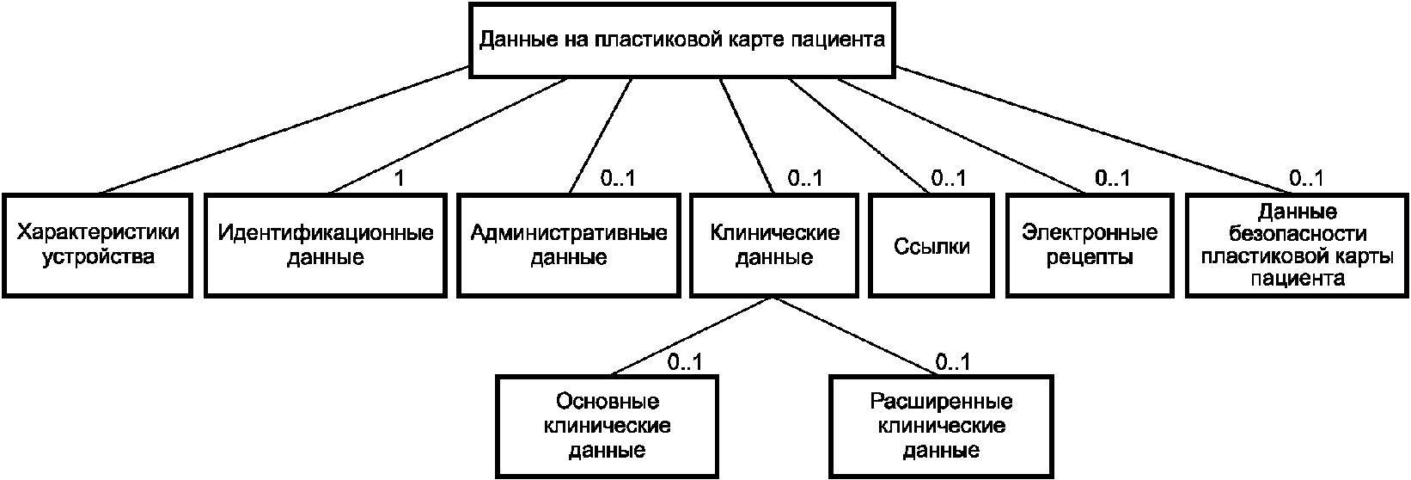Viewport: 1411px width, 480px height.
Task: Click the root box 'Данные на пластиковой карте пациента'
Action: tap(681, 40)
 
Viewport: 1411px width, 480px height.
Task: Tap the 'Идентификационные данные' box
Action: tap(326, 245)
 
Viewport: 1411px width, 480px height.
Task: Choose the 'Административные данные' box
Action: tap(568, 245)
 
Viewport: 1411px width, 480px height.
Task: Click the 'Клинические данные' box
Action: tap(774, 245)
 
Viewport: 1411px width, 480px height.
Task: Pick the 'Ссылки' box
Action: tap(932, 246)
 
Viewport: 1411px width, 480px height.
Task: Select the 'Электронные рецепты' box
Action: tap(1090, 245)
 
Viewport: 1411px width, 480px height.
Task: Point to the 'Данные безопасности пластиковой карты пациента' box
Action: tap(1298, 245)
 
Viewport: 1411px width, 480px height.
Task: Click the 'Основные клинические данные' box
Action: tap(607, 426)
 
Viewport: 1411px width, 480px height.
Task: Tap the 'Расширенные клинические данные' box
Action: tap(941, 426)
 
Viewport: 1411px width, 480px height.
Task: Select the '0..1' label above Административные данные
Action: tap(616, 179)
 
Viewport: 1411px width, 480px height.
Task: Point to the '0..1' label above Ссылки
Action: tap(948, 179)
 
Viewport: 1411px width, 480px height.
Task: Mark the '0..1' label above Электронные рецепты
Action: tap(1112, 179)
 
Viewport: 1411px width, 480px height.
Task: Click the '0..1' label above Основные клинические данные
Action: tap(685, 362)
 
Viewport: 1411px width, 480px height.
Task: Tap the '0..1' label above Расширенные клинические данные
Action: tap(953, 362)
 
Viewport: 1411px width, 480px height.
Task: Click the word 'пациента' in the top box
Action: tap(838, 40)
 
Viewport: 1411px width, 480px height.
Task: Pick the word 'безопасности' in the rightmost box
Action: tap(1298, 234)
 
